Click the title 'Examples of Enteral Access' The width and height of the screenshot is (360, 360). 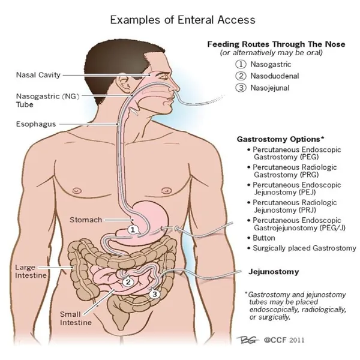coord(183,20)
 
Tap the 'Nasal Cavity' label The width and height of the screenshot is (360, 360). coord(38,75)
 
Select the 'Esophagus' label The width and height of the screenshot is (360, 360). coord(36,124)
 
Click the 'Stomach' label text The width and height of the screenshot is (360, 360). coord(86,220)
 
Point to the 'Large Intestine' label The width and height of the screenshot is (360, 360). coord(31,271)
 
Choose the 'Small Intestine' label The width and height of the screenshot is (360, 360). coord(76,318)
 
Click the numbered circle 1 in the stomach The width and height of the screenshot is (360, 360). coord(133,230)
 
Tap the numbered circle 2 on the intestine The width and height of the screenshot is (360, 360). coord(128,281)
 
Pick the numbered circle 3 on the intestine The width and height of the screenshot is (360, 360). coord(155,294)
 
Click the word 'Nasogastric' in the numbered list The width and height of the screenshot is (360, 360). coord(271,64)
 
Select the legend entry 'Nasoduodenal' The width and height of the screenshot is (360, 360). coord(275,76)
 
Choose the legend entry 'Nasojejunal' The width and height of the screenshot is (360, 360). coord(270,88)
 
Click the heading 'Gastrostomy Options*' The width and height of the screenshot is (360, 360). coord(280,139)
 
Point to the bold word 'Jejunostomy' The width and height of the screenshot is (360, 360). coord(274,272)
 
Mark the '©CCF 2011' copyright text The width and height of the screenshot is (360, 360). coord(284,340)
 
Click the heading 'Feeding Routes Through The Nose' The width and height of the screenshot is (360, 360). coord(276,44)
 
